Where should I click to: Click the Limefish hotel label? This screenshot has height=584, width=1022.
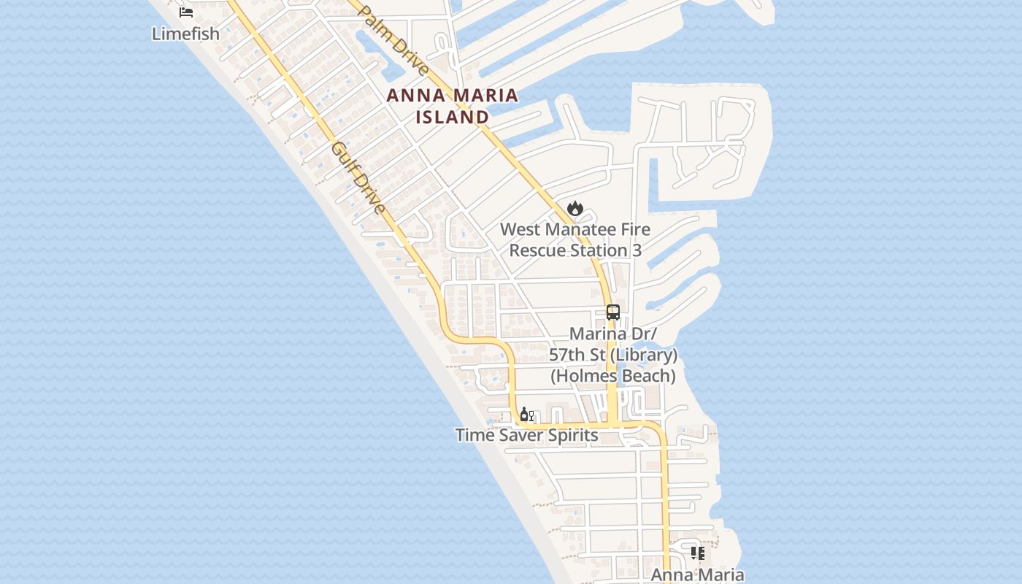point(185,34)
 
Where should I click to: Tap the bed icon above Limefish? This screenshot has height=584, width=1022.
point(186,12)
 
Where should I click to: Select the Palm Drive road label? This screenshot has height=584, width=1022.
point(393,40)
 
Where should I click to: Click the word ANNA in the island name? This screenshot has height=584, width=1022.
point(415,96)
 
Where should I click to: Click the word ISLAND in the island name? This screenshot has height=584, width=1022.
point(453,117)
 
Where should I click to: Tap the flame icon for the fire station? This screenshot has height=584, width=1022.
point(575,209)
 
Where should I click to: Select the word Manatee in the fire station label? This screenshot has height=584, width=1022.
point(580,229)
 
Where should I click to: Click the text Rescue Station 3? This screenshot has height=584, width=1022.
point(575,250)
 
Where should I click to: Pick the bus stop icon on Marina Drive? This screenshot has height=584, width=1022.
point(613,312)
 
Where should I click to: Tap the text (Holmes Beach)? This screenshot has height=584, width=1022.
point(613,376)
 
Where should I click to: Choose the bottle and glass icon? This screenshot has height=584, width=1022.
point(526,415)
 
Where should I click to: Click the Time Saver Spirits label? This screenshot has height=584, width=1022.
point(527,436)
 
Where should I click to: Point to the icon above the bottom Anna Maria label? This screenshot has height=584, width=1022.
point(698,553)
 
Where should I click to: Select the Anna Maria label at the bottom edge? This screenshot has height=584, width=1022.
point(697,575)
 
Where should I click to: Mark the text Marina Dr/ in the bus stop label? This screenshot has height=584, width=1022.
point(613,334)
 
